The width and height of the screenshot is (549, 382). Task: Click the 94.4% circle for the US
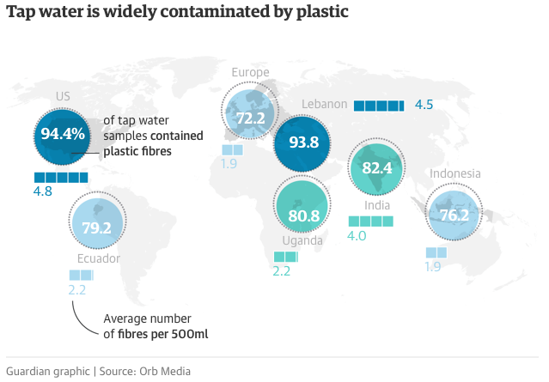tap(63, 134)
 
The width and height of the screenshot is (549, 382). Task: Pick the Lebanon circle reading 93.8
tap(302, 142)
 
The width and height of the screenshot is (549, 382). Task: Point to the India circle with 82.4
tap(377, 168)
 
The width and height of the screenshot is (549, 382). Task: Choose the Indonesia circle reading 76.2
tap(454, 215)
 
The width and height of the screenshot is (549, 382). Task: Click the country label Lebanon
tap(325, 105)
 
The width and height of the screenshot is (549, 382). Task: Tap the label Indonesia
tap(455, 173)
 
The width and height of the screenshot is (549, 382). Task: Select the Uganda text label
tap(302, 240)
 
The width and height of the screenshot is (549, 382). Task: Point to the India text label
tap(377, 205)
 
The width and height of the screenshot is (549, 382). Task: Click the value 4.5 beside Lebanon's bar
tap(424, 105)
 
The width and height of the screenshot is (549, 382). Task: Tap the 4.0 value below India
tap(357, 236)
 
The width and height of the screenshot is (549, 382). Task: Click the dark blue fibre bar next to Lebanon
tap(378, 105)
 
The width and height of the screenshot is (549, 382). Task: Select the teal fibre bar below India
tap(370, 221)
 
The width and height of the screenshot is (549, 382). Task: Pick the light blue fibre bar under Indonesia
tap(436, 252)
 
